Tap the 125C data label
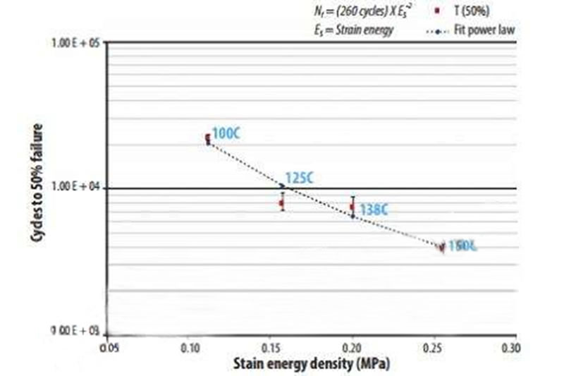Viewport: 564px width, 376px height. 299,178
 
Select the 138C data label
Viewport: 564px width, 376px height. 374,210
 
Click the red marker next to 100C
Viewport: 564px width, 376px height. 207,138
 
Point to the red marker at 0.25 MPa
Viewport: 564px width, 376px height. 442,247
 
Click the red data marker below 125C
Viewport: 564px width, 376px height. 282,203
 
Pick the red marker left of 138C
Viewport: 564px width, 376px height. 352,207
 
